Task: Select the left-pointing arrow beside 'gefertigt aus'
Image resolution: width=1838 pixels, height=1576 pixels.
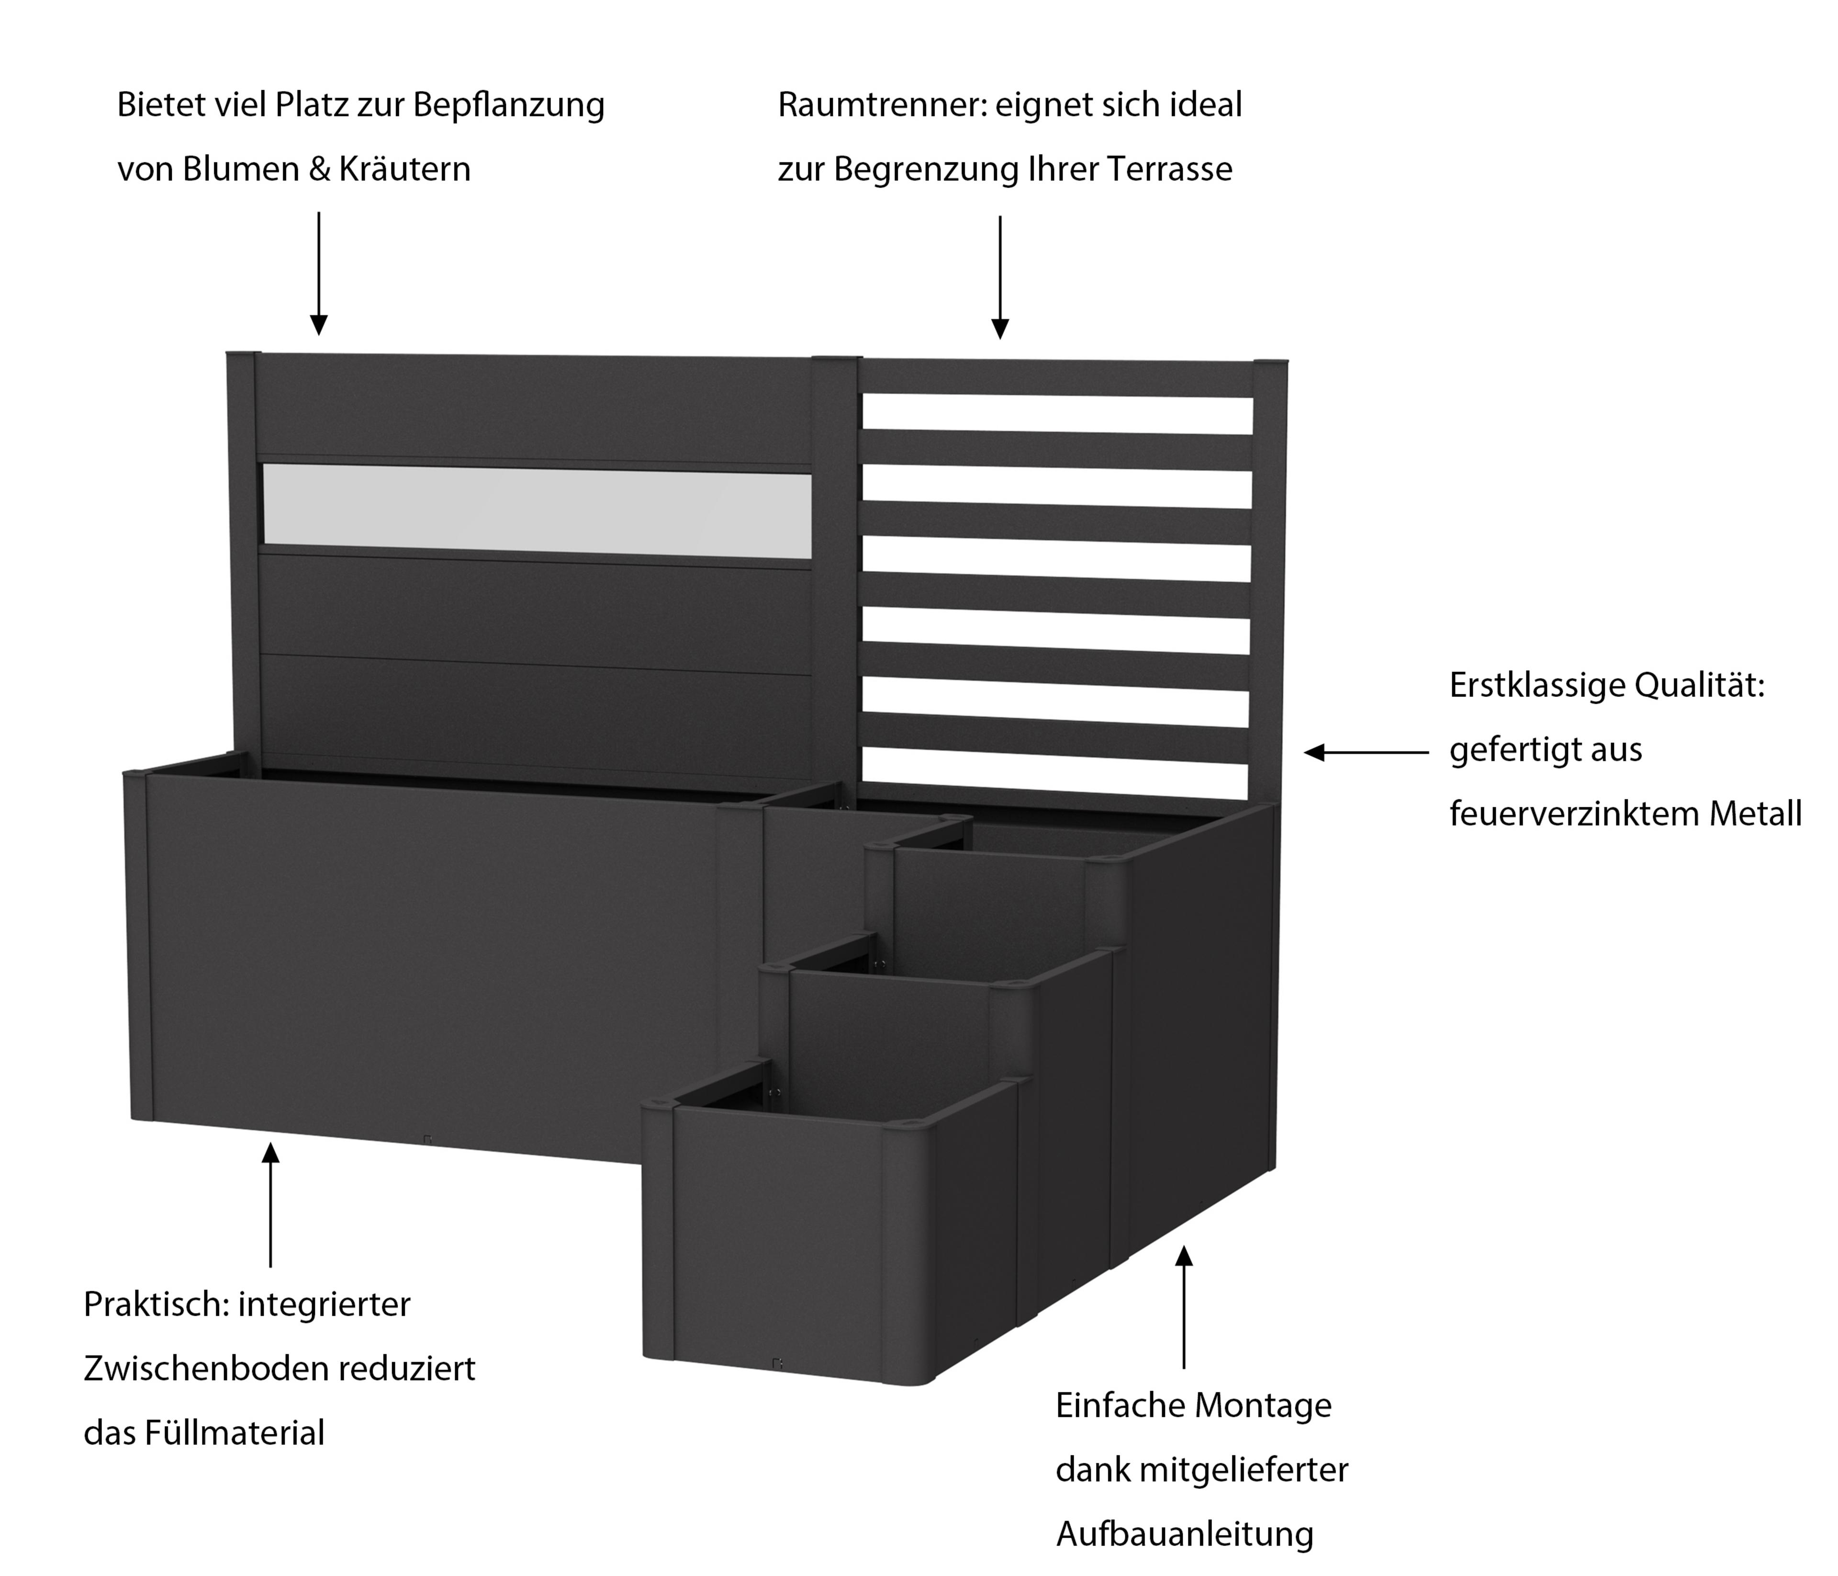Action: [x=1366, y=752]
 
